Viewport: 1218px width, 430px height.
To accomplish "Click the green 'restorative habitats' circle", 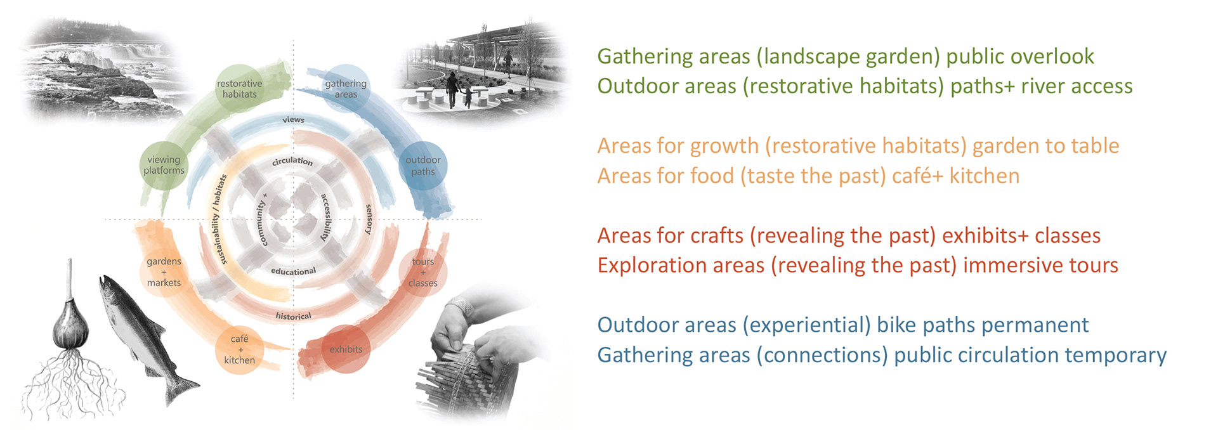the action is pos(239,89).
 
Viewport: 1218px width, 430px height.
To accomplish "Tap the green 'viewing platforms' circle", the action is pos(164,165).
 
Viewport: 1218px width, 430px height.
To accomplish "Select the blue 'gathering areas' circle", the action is pos(346,89).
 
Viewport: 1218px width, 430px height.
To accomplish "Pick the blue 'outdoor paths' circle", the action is pos(423,166).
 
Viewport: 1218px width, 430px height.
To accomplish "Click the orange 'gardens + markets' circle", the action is pos(164,272).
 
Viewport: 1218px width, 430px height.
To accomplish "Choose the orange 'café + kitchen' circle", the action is pos(239,349).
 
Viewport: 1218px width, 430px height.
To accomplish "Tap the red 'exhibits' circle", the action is pos(346,349).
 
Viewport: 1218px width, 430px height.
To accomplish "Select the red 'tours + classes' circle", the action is pos(423,272).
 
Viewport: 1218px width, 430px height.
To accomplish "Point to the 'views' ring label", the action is pos(293,119).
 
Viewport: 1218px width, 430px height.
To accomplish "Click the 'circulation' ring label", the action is pos(292,161).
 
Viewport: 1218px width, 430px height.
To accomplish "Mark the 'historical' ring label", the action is pos(293,316).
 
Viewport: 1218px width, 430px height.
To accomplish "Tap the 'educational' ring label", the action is pos(293,271).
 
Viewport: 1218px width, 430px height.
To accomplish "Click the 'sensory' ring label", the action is pos(369,219).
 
